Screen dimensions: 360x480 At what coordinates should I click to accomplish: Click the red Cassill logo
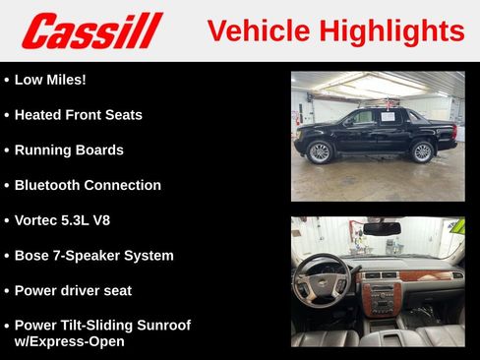[x=91, y=30]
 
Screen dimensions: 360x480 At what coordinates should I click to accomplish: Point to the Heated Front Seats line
[x=78, y=115]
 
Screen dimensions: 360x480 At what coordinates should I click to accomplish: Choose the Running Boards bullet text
[x=69, y=150]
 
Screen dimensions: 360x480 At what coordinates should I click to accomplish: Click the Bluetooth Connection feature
[x=88, y=185]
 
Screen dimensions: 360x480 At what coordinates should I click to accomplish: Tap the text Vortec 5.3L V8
[x=62, y=220]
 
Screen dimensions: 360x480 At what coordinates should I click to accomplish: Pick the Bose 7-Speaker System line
[x=93, y=256]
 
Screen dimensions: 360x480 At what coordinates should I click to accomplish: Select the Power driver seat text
[x=73, y=291]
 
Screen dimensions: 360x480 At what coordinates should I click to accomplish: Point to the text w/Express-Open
[x=69, y=341]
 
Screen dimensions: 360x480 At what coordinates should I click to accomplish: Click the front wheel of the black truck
[x=319, y=152]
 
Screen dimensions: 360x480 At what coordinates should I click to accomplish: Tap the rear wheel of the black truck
[x=423, y=151]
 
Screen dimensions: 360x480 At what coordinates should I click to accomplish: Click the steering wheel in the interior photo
[x=322, y=279]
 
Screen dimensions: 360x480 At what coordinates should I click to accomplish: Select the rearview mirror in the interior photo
[x=381, y=228]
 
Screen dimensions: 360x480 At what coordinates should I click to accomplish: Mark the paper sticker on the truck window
[x=387, y=116]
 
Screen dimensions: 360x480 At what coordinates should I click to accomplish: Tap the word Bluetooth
[x=47, y=185]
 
